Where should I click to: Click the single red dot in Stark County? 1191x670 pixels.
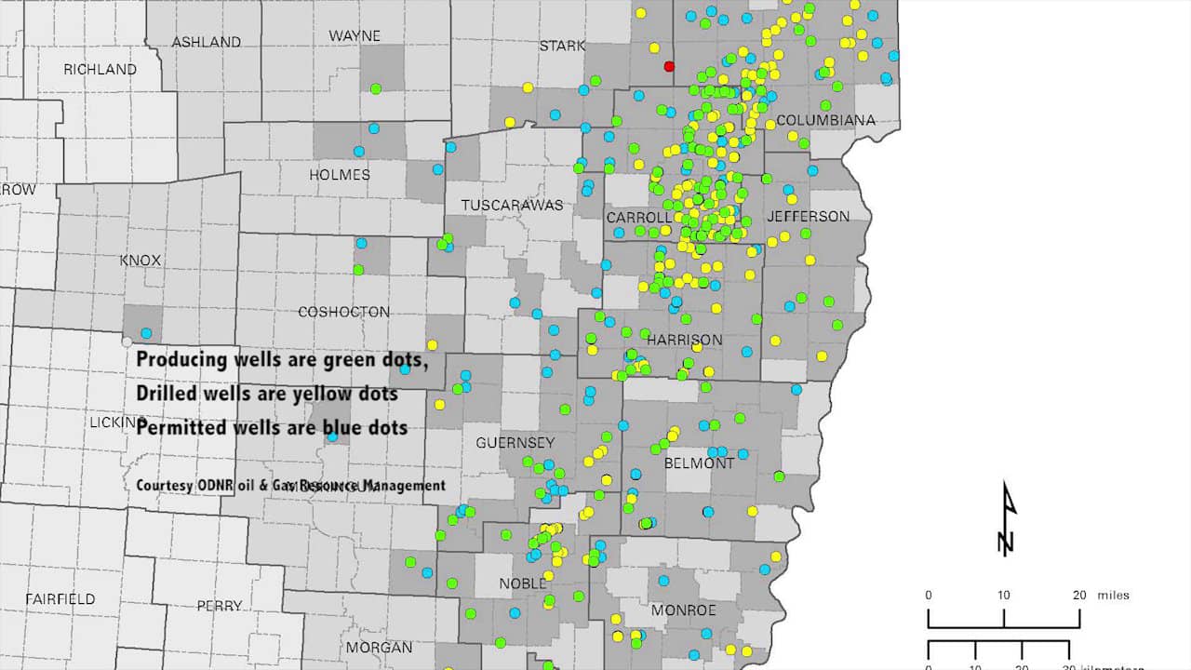tap(668, 66)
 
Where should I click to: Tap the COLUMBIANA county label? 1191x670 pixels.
tap(825, 120)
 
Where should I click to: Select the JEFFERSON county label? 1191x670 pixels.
tap(808, 216)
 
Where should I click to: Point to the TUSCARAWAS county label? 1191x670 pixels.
tap(512, 205)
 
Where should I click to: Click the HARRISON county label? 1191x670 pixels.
tap(684, 340)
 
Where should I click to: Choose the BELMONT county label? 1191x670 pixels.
tap(699, 462)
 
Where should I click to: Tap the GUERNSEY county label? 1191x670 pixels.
tap(515, 443)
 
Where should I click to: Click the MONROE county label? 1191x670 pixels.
tap(683, 610)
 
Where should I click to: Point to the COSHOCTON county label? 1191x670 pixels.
tap(343, 312)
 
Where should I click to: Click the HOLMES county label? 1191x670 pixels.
tap(339, 175)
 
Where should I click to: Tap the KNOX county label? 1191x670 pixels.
tap(141, 261)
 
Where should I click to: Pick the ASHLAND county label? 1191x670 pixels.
tap(206, 42)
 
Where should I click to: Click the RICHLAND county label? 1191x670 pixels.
tap(100, 70)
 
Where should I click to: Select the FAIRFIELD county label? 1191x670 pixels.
tap(60, 598)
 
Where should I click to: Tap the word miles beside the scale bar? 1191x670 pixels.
tap(1114, 596)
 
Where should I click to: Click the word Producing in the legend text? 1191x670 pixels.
tap(180, 359)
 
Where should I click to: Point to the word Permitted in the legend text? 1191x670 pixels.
tap(181, 428)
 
